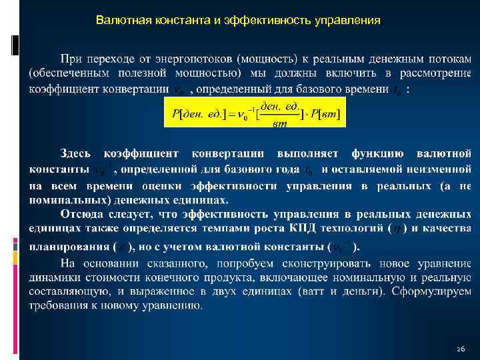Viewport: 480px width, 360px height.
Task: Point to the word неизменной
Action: (x=433, y=169)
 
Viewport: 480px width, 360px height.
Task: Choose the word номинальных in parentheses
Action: (x=63, y=199)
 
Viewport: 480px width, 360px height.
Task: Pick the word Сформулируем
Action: (x=433, y=291)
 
